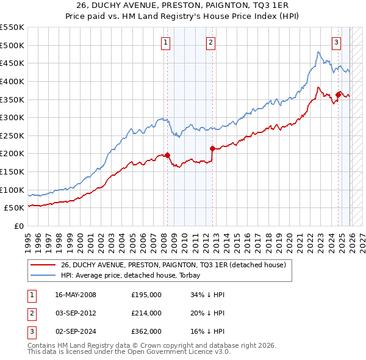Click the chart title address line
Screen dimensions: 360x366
coord(183,6)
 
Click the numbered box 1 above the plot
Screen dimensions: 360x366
coord(166,42)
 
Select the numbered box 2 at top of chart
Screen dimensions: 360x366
coord(210,42)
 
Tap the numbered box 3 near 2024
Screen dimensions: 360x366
coord(336,42)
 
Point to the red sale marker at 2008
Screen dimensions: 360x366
coord(167,155)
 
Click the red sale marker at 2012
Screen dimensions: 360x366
coord(212,148)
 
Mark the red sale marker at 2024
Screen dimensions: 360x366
coord(338,95)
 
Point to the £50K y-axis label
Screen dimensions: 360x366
coord(15,208)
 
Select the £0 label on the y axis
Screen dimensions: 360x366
coord(18,226)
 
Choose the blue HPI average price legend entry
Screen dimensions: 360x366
coord(134,275)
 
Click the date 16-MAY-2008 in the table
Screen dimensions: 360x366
coord(76,295)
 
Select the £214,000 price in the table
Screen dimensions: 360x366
coord(146,313)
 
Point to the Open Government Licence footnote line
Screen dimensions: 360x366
coord(129,352)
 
